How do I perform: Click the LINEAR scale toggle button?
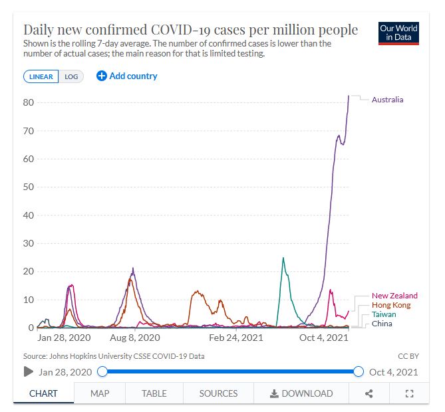[x=41, y=76]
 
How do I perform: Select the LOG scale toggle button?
[x=71, y=76]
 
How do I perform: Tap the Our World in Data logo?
[x=399, y=33]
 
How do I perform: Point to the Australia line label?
[x=387, y=100]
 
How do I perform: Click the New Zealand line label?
[x=394, y=296]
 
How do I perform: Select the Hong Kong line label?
[x=391, y=305]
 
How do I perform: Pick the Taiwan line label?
[x=384, y=314]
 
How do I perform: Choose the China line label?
[x=382, y=324]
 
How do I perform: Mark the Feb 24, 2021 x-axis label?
[x=236, y=338]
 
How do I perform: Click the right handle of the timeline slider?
[x=359, y=371]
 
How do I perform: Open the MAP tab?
[x=100, y=393]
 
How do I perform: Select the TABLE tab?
[x=154, y=393]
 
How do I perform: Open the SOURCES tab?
[x=218, y=393]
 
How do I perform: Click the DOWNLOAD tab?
[x=301, y=393]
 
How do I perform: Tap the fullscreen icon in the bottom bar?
[x=410, y=393]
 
